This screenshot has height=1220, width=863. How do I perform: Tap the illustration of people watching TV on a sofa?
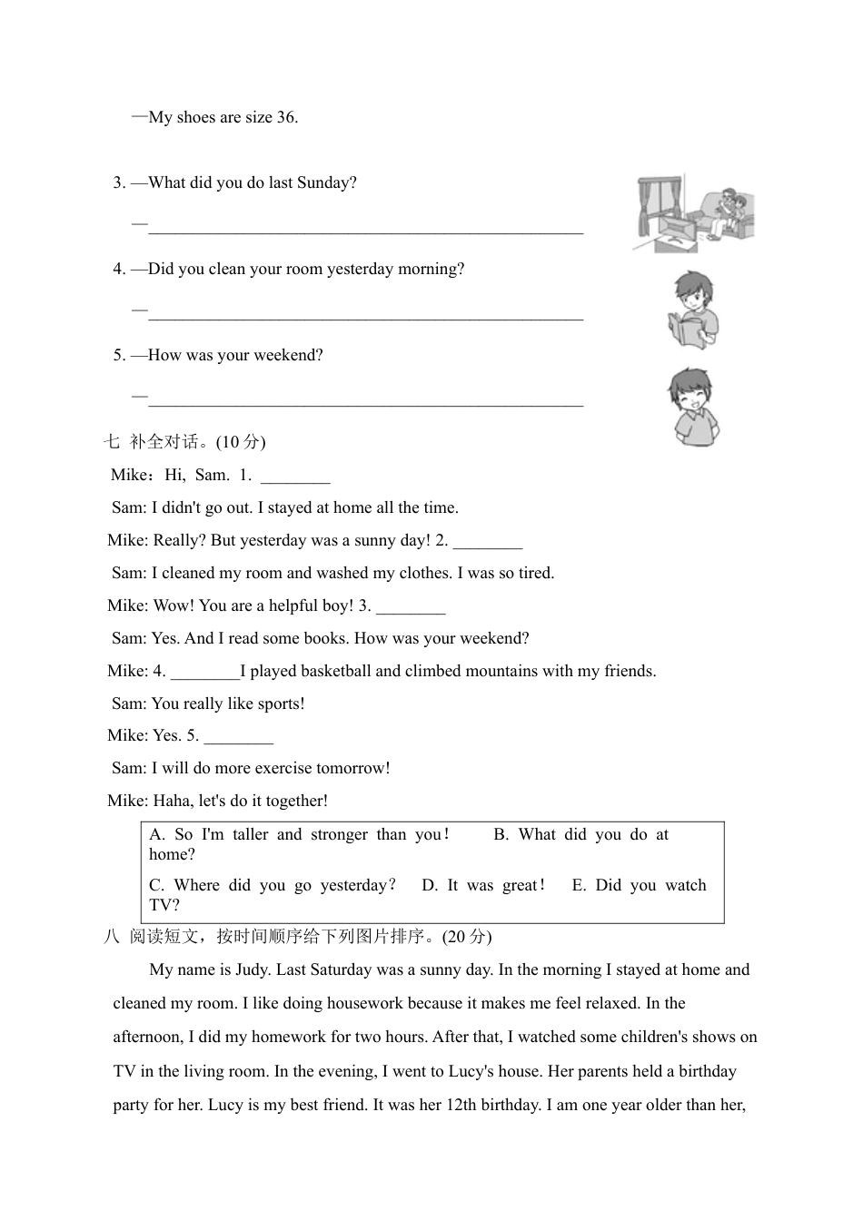pos(694,215)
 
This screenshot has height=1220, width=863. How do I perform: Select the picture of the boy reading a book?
pos(693,309)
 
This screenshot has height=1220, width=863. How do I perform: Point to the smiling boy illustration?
pos(694,407)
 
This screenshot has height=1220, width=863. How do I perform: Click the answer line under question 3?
pos(365,231)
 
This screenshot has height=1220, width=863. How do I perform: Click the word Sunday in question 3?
pos(326,182)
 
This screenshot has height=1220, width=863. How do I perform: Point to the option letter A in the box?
pos(155,834)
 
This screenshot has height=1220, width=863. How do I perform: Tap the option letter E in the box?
pos(579,885)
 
